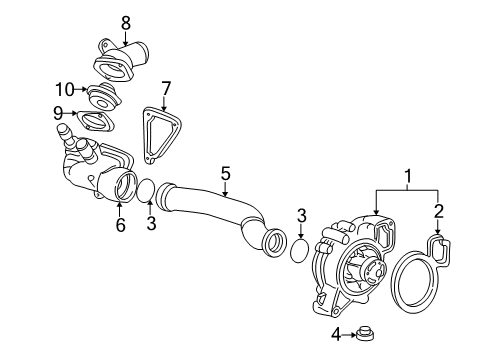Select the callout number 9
(57, 113)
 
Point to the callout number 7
(166, 88)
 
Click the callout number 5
(225, 174)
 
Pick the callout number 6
(120, 224)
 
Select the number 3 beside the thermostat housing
(151, 224)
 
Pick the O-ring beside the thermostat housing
(145, 189)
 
